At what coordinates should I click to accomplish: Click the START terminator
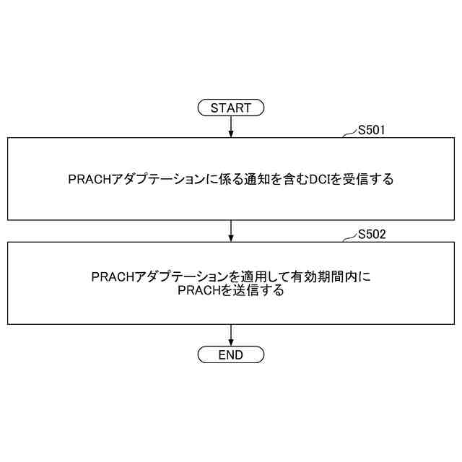click(231, 108)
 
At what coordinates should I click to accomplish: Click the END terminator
click(231, 355)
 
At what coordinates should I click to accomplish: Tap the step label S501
click(372, 131)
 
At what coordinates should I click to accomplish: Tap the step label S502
click(372, 235)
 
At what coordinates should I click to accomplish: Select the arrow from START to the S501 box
click(231, 126)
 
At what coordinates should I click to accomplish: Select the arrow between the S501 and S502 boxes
click(231, 231)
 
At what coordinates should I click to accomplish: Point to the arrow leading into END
click(231, 335)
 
